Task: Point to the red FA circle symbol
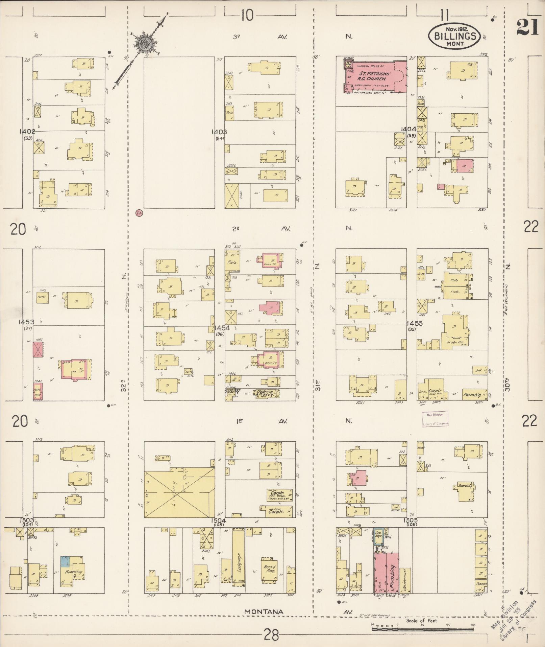[x=139, y=213]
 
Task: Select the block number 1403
[x=219, y=132]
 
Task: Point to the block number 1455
[x=414, y=323]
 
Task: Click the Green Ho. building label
[x=454, y=342]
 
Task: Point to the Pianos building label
[x=480, y=584]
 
